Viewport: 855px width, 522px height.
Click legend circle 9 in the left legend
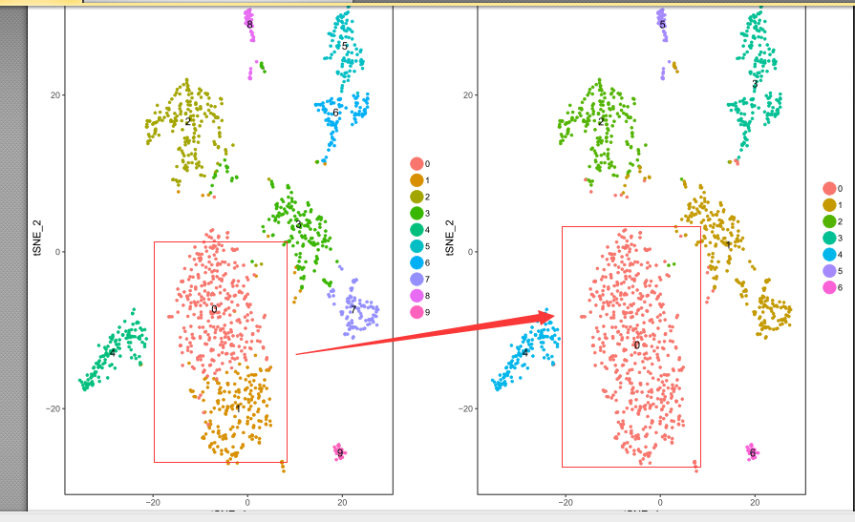417,312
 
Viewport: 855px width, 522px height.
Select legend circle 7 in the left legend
417,280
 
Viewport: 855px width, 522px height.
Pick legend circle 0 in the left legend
417,164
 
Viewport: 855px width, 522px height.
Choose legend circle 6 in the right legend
829,287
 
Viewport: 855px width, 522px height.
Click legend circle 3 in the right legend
829,238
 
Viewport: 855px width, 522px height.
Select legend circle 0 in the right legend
829,189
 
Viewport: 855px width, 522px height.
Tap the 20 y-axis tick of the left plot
55,95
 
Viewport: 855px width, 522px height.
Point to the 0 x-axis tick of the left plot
247,501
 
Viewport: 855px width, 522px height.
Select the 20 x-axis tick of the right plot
755,501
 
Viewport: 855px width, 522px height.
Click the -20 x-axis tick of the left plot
153,501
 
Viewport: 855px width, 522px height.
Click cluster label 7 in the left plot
353,309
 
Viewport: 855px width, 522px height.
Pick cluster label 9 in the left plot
340,452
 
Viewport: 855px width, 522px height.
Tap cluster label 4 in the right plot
524,353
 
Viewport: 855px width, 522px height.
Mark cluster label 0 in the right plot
637,345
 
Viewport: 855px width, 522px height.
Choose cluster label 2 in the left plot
188,121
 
